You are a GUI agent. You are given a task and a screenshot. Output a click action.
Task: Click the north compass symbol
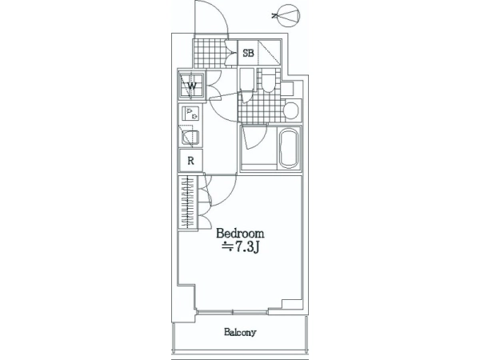(286, 15)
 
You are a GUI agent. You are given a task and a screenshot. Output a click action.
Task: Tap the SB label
(248, 54)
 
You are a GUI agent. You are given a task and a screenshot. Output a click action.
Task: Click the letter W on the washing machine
(192, 86)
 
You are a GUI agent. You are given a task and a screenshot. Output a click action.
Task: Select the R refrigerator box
(190, 161)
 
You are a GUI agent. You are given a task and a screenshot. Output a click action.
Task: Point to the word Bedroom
(240, 234)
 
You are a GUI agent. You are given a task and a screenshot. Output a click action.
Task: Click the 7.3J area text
(241, 246)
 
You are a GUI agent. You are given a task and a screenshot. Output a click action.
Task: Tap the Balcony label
(240, 332)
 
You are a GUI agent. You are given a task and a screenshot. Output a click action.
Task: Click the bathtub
(288, 149)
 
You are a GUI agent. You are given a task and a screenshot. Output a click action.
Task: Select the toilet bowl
(269, 81)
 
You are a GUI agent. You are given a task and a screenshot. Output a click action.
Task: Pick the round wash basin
(290, 110)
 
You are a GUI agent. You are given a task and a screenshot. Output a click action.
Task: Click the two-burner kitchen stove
(190, 114)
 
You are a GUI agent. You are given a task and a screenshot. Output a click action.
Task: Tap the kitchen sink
(190, 138)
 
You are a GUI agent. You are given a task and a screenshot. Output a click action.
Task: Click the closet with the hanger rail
(188, 202)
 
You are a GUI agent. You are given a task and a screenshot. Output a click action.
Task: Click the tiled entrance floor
(209, 54)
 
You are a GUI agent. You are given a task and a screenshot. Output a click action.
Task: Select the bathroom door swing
(254, 137)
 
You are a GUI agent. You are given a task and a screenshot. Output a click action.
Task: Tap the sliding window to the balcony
(233, 312)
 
